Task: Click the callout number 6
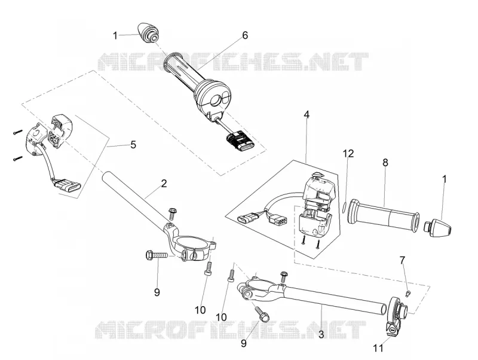click(x=245, y=35)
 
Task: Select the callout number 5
click(x=133, y=144)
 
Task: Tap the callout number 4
click(x=307, y=115)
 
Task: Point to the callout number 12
click(x=348, y=154)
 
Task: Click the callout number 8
click(x=385, y=163)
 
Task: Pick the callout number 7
click(x=402, y=260)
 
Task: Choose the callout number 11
click(x=378, y=348)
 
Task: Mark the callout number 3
click(x=321, y=334)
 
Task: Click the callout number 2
click(x=164, y=184)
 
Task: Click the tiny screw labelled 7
click(x=408, y=293)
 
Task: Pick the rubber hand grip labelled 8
click(x=384, y=215)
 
